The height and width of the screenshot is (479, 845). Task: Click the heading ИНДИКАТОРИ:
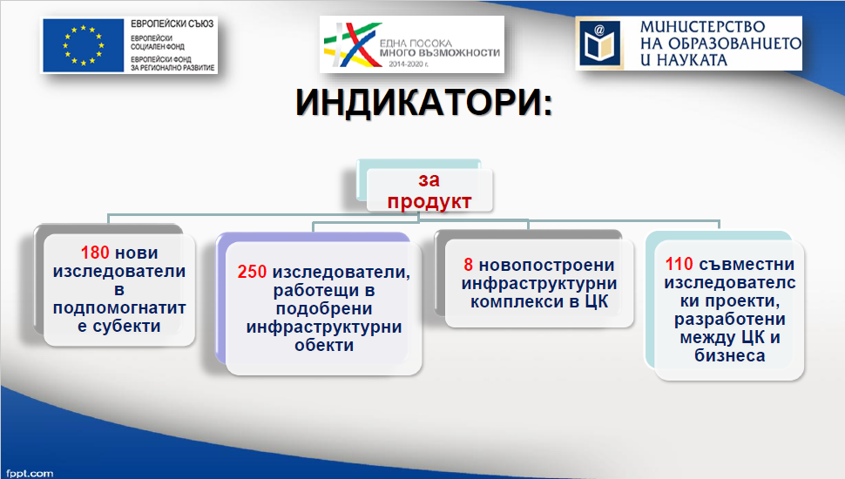(x=424, y=103)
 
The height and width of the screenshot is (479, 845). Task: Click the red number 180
(x=95, y=253)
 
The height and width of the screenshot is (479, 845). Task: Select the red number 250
(x=252, y=272)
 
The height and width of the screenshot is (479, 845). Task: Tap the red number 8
(x=469, y=265)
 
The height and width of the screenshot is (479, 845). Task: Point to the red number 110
(x=679, y=264)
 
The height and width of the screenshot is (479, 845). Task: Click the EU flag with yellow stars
(x=84, y=45)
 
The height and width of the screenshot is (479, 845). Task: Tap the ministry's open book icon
(x=600, y=43)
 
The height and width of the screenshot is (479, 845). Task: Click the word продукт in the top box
(x=429, y=201)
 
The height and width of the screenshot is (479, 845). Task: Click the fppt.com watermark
(x=30, y=474)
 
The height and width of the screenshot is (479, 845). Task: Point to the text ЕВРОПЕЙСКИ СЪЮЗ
(x=172, y=24)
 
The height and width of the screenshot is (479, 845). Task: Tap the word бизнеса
(x=730, y=355)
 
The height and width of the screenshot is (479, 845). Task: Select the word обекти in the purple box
(x=324, y=345)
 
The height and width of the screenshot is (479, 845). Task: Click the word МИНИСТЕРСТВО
(x=702, y=26)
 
